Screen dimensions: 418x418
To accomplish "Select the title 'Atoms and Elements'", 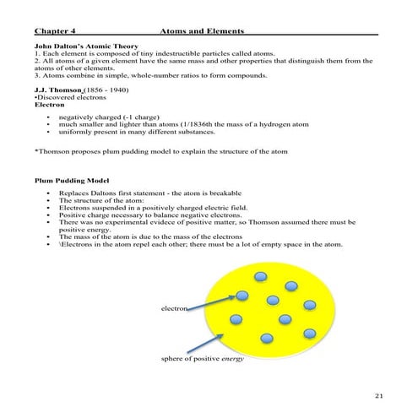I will (202, 31).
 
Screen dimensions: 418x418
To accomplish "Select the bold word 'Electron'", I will (50, 104).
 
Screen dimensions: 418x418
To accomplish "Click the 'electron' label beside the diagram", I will (174, 308).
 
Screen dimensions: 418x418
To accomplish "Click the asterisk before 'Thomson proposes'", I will (36, 152).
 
